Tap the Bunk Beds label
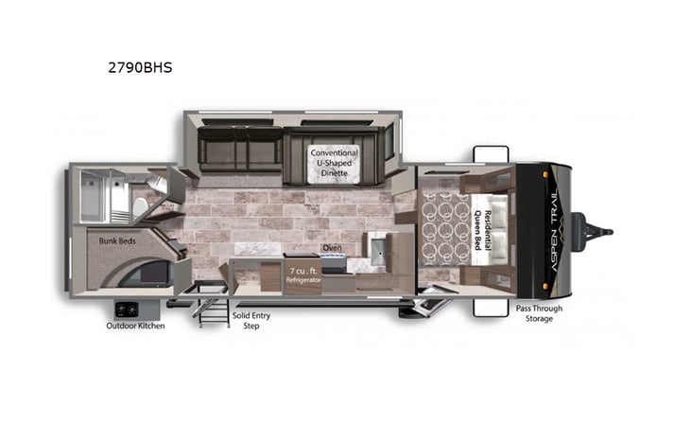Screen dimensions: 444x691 click(x=117, y=241)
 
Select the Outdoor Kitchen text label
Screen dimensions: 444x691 click(x=135, y=327)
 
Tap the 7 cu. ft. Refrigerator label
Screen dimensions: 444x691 click(x=304, y=275)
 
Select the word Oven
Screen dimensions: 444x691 click(x=332, y=248)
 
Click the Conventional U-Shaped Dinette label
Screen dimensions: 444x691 click(x=334, y=162)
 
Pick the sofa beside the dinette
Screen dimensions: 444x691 click(x=239, y=150)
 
